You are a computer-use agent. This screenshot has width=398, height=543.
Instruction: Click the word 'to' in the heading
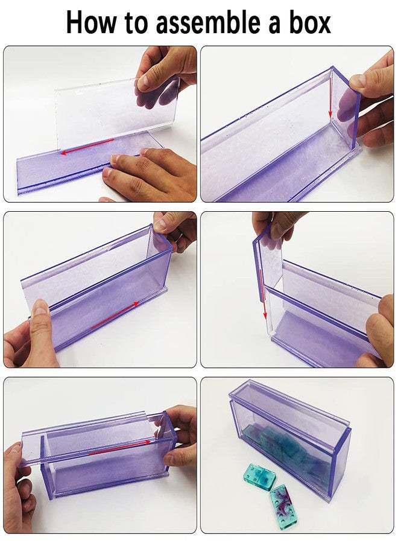pyautogui.click(x=139, y=22)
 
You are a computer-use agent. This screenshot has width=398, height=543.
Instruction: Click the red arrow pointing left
pyautogui.click(x=87, y=145)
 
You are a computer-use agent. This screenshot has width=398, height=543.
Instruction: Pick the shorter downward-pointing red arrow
pyautogui.click(x=330, y=101)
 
